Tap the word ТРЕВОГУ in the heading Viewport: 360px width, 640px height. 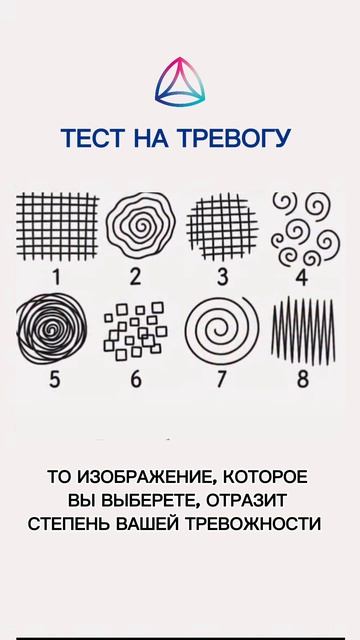point(234,138)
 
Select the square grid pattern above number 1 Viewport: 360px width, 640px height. point(58,226)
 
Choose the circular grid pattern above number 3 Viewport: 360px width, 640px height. point(223,226)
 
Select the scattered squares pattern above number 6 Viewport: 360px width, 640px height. point(136,331)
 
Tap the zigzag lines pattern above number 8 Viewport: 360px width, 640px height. point(303,331)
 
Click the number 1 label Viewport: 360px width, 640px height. point(56,277)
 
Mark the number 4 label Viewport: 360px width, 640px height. point(301,277)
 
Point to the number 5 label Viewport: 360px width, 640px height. point(55,380)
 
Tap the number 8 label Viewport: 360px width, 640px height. point(303,380)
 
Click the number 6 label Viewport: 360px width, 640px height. point(136,380)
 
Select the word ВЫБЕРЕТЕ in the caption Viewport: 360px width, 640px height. point(151,500)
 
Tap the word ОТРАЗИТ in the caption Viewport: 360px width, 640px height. point(247,500)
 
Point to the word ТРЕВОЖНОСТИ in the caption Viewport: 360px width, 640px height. point(254,524)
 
